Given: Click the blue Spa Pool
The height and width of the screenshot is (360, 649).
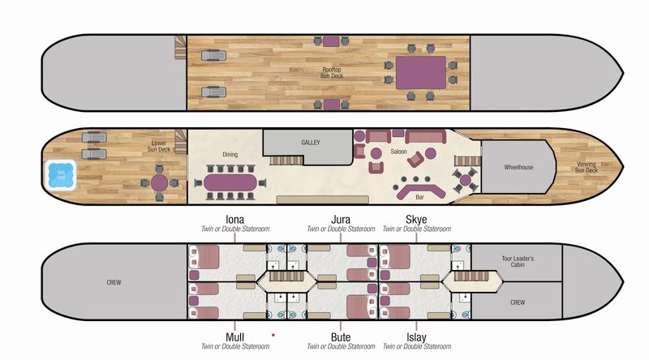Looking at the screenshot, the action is click(x=60, y=174).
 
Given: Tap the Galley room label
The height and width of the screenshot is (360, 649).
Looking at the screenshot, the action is click(x=311, y=143).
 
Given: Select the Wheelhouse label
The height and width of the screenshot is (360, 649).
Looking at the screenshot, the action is click(x=518, y=167).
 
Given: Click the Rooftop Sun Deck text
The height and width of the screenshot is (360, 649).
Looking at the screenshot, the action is click(x=332, y=73).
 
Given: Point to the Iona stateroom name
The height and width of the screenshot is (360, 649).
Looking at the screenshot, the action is click(x=234, y=219).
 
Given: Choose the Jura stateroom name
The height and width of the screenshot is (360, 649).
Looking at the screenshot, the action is click(x=341, y=219).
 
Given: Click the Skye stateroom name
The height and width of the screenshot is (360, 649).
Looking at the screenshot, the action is click(x=416, y=219).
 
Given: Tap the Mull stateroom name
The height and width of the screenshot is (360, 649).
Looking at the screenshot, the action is click(x=234, y=337).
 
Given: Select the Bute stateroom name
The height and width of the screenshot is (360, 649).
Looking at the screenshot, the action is click(x=341, y=337).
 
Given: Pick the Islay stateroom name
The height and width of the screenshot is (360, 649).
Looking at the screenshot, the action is click(x=416, y=337).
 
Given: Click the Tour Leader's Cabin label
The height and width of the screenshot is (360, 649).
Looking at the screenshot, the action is click(x=518, y=262).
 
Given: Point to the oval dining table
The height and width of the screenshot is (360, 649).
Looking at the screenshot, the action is click(x=230, y=182).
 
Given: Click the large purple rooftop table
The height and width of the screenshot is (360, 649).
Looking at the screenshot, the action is click(x=421, y=73).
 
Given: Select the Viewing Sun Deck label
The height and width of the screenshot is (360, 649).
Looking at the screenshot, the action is click(x=586, y=167).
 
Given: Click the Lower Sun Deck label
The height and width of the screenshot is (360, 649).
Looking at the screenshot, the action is click(x=159, y=146).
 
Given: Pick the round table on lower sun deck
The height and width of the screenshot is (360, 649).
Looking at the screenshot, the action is click(x=159, y=183).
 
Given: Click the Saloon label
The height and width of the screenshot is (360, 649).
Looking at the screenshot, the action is click(x=398, y=152).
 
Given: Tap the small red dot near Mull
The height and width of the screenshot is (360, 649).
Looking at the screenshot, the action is click(x=273, y=335).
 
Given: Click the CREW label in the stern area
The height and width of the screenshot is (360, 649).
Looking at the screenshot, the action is click(x=114, y=282).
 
